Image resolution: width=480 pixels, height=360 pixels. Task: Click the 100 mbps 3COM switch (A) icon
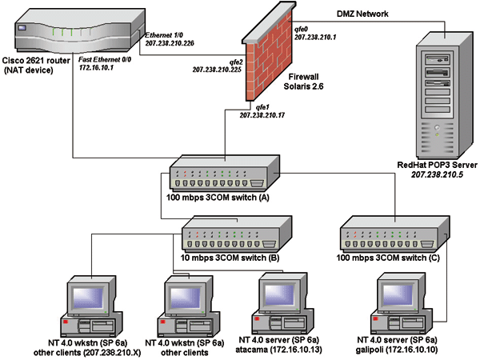coord(224,174)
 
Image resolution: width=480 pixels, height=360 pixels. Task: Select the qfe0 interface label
coord(305,28)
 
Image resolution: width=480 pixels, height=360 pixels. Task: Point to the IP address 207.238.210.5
coord(438,174)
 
